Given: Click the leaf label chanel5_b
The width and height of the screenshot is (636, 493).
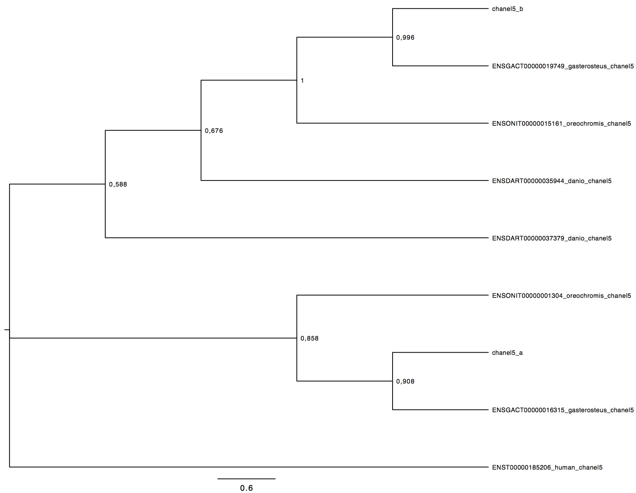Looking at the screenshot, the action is pos(507,9).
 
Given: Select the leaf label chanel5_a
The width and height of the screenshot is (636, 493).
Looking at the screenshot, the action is pos(507,353).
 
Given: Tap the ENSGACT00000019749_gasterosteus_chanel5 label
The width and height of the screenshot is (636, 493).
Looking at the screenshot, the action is pos(563,66).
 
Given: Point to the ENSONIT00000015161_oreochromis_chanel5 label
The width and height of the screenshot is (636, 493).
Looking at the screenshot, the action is pos(561,123).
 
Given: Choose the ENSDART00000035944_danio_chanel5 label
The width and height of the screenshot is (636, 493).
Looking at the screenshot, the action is pos(552,181).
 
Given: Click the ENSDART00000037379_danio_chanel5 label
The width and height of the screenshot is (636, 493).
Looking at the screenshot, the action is pos(552,238).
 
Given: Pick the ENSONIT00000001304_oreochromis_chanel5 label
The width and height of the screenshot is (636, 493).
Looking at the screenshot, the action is pos(561,296).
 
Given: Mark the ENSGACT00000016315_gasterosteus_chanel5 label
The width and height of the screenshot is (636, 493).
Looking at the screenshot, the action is pos(563,410).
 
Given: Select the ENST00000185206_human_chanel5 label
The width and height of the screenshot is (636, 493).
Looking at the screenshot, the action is pos(547,467).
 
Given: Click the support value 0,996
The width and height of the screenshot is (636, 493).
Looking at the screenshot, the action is pos(405,38).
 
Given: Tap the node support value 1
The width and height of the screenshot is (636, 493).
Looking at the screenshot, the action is pos(302,80).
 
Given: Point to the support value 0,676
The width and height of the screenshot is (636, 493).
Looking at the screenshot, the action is pos(214,131).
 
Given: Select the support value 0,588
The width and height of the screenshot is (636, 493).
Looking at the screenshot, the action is pos(118,185).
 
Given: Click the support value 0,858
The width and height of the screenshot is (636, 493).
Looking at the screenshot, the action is pos(310,338).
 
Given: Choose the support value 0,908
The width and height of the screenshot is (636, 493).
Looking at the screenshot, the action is pos(405,381).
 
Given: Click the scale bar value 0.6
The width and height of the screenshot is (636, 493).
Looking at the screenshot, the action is pos(246,488).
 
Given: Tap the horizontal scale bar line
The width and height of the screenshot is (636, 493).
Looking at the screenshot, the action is pos(246,479).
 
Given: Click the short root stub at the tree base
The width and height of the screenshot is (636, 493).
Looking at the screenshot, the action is pos(7,330).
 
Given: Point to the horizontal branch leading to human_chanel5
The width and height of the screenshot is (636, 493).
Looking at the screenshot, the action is pos(249,467).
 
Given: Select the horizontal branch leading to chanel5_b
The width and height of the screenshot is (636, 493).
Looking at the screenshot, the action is pos(440,9).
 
